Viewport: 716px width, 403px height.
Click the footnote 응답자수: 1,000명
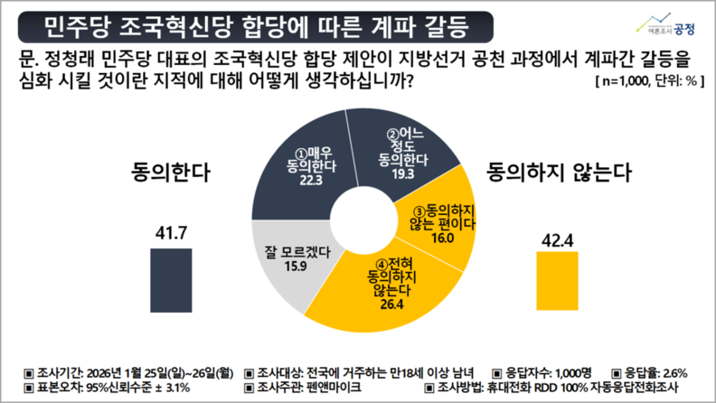542,371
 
